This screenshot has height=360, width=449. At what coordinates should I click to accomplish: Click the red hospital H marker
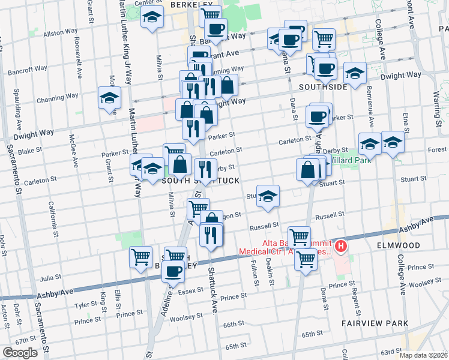coord(341,245)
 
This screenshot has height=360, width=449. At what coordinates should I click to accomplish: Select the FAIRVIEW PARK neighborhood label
coord(375,323)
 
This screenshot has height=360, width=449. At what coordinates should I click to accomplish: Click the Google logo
coord(20,353)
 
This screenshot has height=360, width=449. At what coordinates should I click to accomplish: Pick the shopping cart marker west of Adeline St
coord(140,257)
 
